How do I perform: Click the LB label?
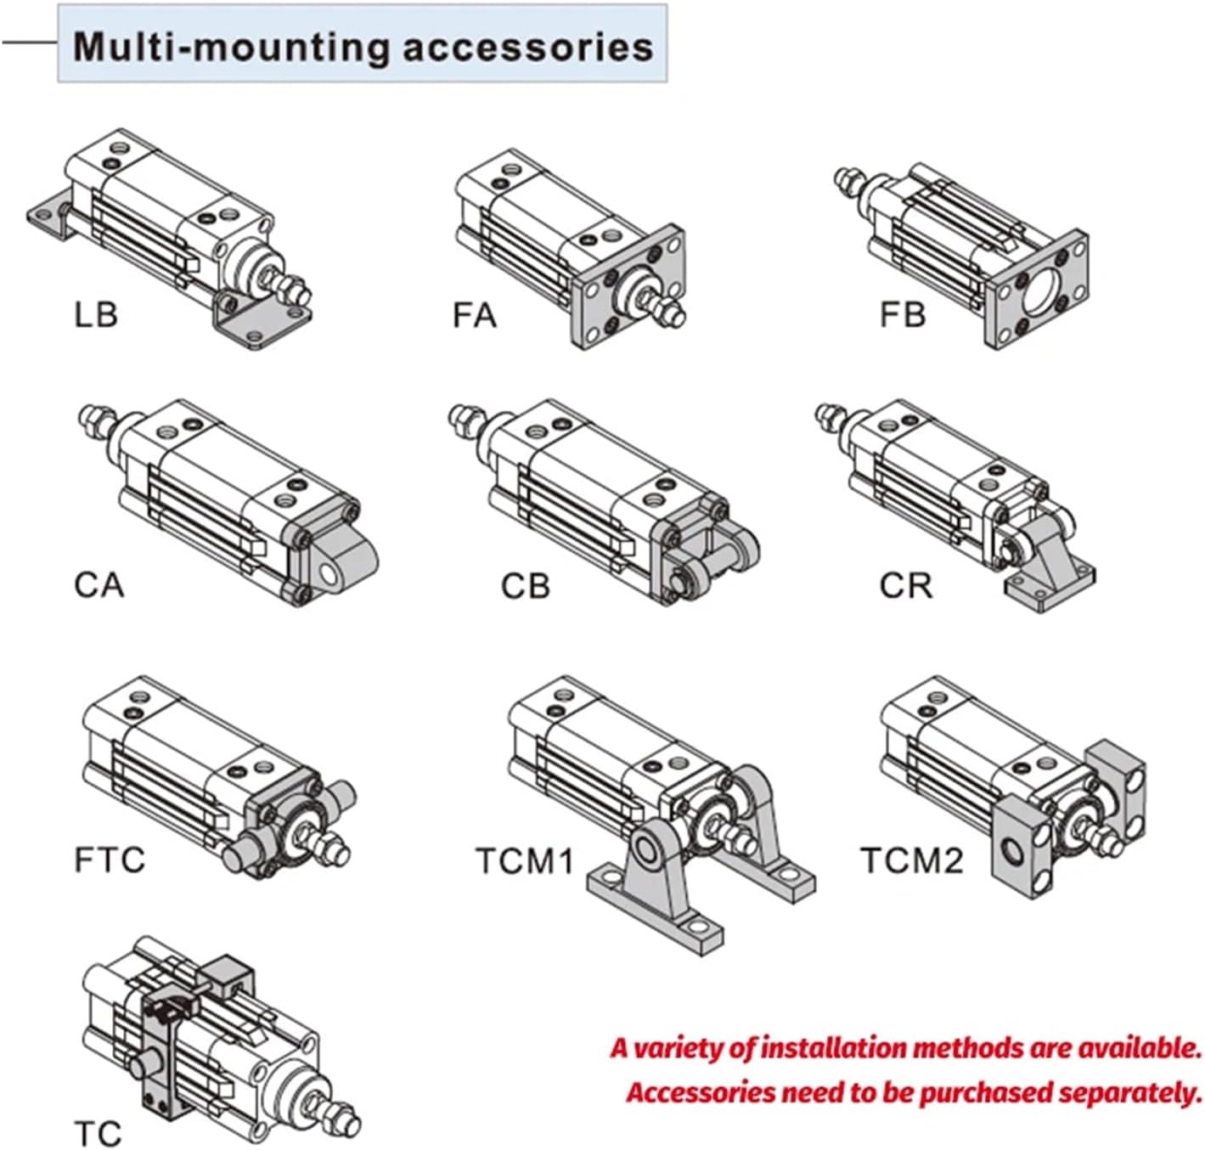[96, 315]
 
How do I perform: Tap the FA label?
[475, 315]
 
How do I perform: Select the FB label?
[902, 315]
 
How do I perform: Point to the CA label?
[99, 585]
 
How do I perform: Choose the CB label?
[526, 585]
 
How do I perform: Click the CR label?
[906, 585]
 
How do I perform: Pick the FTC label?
[110, 859]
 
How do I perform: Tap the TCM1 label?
[526, 860]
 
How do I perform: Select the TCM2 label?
[913, 860]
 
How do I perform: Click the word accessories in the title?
[527, 48]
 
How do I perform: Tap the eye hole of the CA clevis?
[330, 576]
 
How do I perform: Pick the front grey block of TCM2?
[1024, 847]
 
